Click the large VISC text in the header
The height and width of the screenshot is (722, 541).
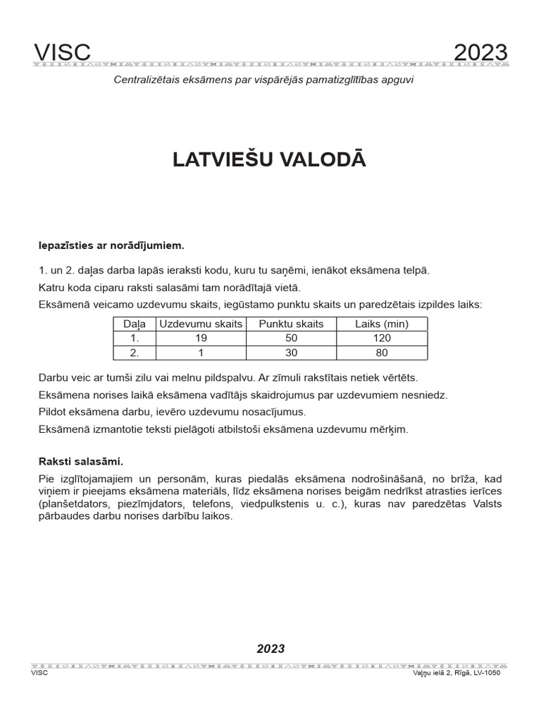click(62, 52)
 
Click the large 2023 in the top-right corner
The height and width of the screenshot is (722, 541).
click(480, 52)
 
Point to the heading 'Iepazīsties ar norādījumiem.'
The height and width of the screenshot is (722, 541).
click(111, 245)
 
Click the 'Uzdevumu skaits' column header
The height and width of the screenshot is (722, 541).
click(201, 324)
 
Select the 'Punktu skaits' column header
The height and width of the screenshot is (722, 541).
click(292, 324)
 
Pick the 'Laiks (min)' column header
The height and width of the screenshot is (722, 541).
click(382, 324)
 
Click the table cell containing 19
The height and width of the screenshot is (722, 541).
click(201, 338)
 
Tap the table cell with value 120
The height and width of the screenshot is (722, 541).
click(382, 338)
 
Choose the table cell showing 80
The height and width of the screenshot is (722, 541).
click(382, 353)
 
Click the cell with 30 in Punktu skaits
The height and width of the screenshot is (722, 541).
click(292, 353)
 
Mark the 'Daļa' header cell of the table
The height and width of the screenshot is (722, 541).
click(134, 324)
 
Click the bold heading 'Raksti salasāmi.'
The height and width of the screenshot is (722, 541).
click(81, 462)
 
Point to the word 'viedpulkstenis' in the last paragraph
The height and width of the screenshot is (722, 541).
click(391, 504)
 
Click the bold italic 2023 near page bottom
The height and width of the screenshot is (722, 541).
click(270, 649)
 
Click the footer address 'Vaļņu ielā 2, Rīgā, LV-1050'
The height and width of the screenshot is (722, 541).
click(456, 673)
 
